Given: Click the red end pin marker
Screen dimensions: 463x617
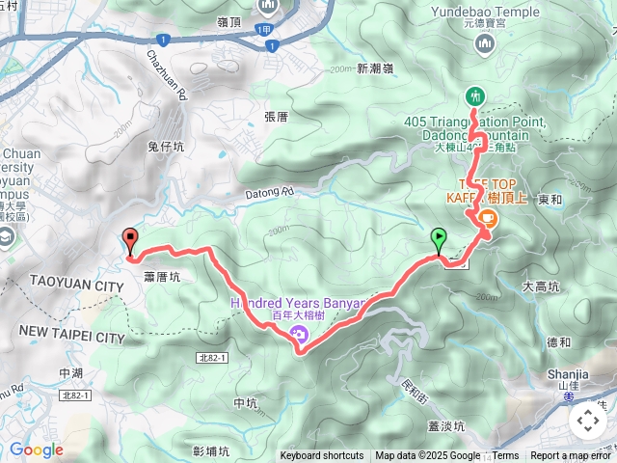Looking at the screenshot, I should click(x=129, y=241).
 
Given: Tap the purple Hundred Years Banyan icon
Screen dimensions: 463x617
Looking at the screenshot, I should click(x=298, y=335).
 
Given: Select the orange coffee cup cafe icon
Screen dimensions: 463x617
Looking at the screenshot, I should click(x=487, y=219).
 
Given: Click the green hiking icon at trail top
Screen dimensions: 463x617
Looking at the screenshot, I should click(x=474, y=95).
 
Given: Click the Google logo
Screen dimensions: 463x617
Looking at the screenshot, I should click(x=36, y=449).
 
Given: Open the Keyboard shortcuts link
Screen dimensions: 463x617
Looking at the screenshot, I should click(x=322, y=456).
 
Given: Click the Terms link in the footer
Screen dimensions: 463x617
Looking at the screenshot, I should click(x=505, y=456).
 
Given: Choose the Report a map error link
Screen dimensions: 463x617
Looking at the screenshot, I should click(x=573, y=456).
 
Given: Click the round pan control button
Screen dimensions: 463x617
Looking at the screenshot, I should click(x=588, y=421).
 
